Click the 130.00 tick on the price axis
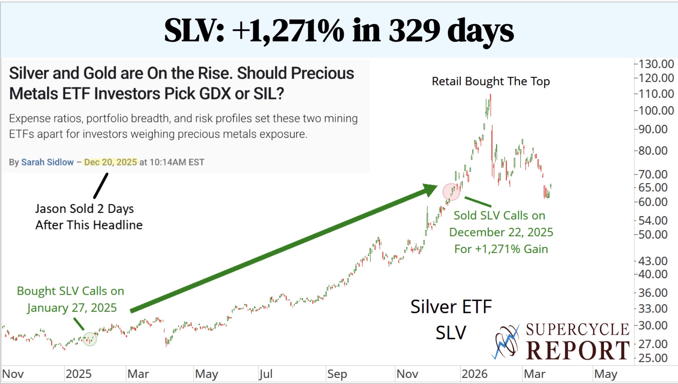coord(656,64)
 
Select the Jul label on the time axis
coord(265,374)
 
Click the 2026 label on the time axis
coord(475,374)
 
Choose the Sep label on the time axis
coord(337,374)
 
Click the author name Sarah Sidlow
coord(47,162)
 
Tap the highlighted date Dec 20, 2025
coord(110,162)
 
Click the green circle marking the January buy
coord(90,339)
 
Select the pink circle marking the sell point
coord(451,192)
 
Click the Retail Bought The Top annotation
coord(491,81)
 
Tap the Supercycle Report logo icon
coord(506,342)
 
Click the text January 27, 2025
coord(72,308)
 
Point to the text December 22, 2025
coord(501,232)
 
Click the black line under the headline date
coord(101,186)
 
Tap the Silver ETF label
coord(451,307)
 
